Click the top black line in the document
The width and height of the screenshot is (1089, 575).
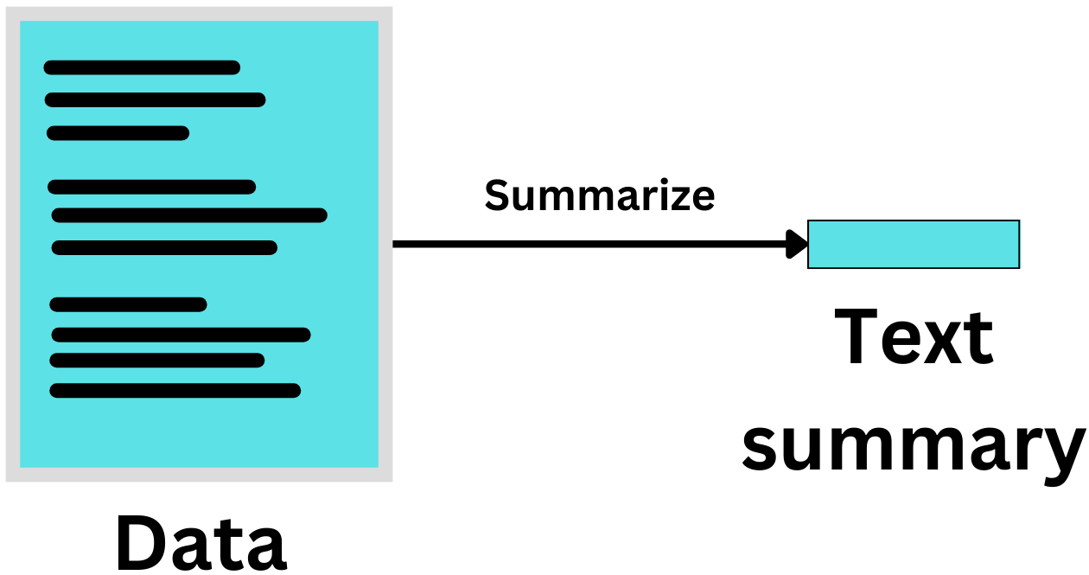click(142, 67)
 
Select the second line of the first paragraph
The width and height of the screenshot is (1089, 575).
click(155, 99)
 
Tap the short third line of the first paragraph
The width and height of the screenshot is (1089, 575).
click(118, 132)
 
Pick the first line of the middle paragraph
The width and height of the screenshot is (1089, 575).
click(152, 187)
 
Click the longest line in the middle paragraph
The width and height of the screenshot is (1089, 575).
click(189, 215)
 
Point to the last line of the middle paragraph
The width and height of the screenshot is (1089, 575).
click(164, 248)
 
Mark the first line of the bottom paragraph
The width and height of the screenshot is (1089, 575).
click(128, 304)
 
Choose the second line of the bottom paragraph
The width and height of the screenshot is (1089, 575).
click(181, 335)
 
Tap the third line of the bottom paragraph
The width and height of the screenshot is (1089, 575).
click(156, 360)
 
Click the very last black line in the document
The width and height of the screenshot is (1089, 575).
click(175, 390)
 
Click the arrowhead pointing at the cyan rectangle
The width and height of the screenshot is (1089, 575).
click(797, 244)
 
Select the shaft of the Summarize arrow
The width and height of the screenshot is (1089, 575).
click(588, 244)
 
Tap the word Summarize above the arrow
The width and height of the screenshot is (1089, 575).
click(599, 195)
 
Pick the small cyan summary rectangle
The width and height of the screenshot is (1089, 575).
click(914, 244)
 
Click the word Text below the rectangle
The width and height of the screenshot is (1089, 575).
click(914, 338)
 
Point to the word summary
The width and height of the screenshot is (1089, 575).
click(914, 445)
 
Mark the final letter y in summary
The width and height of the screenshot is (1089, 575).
click(1062, 451)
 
